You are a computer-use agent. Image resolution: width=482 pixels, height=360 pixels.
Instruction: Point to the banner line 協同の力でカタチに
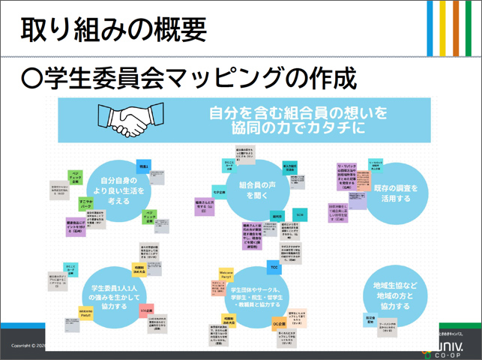tap(298, 128)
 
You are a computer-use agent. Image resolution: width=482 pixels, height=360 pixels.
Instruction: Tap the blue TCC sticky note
tap(273, 267)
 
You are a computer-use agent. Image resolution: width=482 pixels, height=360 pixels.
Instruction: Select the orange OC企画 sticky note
tap(277, 323)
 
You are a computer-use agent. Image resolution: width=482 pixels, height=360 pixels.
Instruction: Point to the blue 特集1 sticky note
tap(145, 165)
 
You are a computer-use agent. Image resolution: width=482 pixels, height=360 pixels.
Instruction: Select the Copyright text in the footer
tap(22, 346)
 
